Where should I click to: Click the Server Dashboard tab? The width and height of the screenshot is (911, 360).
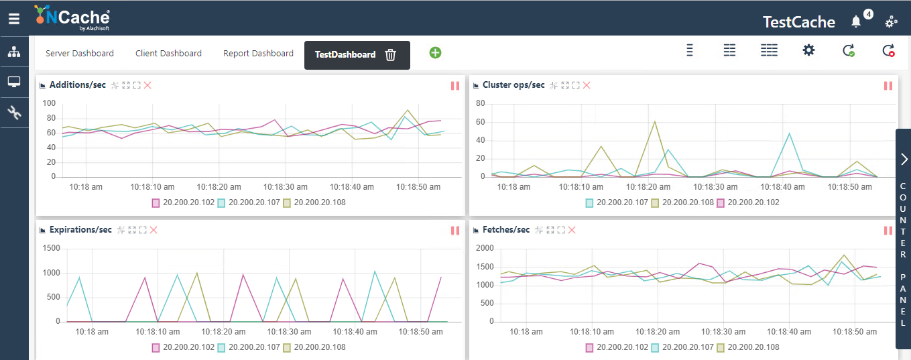[79, 54]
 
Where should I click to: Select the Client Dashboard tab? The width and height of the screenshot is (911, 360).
[168, 54]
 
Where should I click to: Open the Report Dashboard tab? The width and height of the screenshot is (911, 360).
[258, 54]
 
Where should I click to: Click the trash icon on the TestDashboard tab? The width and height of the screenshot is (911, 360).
[391, 55]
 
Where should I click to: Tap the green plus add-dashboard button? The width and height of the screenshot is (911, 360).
[435, 52]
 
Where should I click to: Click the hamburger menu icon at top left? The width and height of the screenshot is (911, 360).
[14, 19]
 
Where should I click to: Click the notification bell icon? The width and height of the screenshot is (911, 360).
[856, 21]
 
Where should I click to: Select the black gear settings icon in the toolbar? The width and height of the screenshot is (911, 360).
[808, 50]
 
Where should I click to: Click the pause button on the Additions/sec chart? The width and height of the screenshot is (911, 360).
[455, 86]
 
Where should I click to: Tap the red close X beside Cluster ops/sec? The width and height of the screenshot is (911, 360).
[587, 85]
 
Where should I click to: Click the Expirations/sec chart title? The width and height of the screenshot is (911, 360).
[80, 230]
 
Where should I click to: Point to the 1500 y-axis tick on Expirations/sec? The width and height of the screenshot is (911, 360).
[52, 249]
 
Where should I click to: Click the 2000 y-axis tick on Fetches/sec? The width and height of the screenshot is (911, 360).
[484, 249]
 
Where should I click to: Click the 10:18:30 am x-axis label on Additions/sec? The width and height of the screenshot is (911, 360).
[284, 187]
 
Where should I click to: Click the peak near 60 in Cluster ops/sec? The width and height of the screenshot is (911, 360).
[654, 121]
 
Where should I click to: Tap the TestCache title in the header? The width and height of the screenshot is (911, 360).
[798, 22]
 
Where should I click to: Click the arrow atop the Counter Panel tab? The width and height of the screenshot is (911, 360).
[904, 159]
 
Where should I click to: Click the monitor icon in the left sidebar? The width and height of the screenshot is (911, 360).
[14, 82]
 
